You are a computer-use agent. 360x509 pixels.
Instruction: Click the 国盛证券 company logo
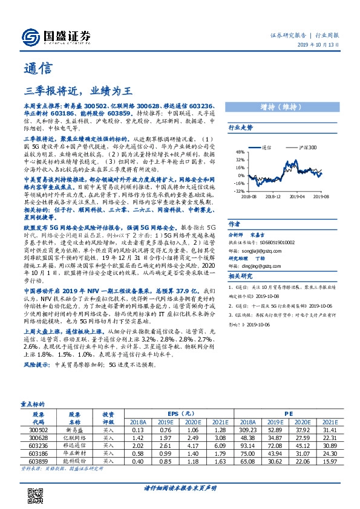55,35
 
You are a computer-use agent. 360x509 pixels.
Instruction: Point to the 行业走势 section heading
240,128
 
